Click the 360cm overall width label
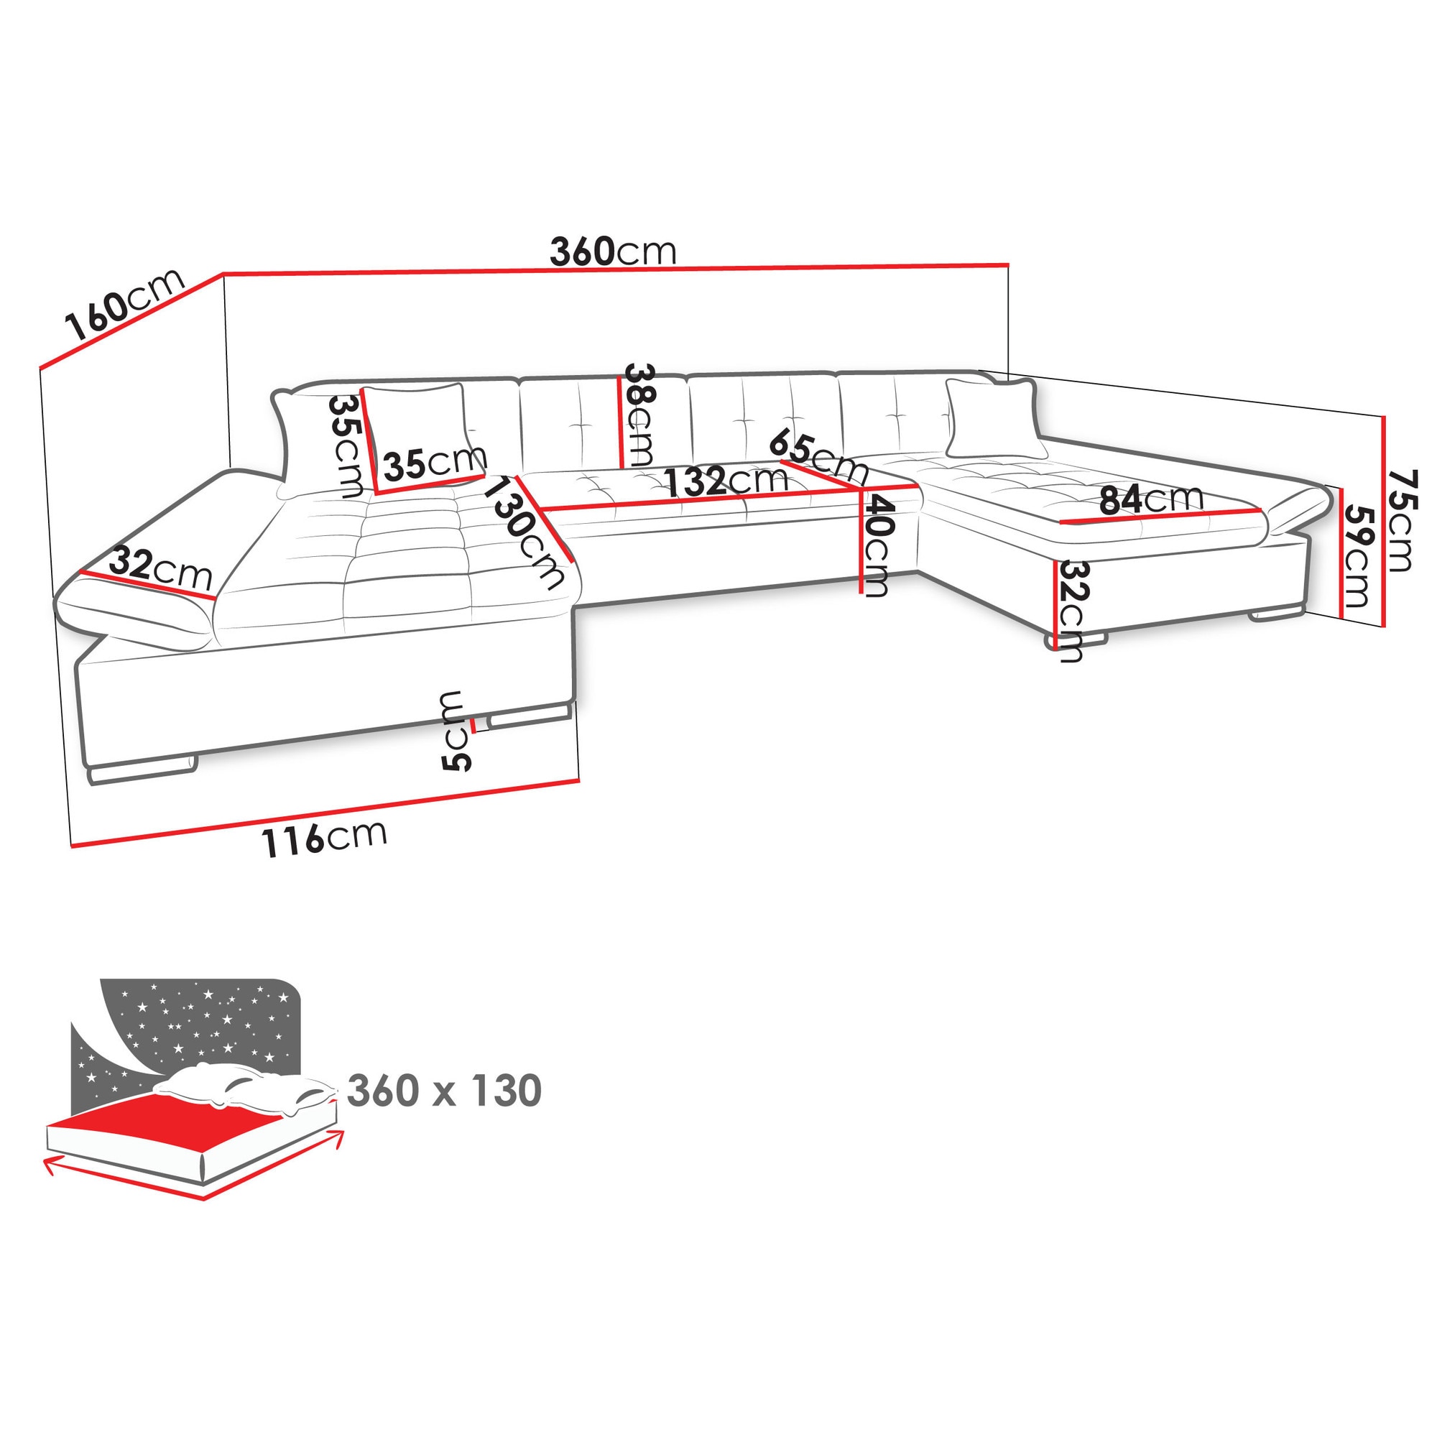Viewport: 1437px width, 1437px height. pyautogui.click(x=613, y=251)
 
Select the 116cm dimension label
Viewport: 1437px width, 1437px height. pyautogui.click(x=324, y=838)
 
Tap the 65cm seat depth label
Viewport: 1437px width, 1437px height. pyautogui.click(x=819, y=456)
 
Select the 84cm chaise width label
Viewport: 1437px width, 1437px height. pyautogui.click(x=1151, y=499)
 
